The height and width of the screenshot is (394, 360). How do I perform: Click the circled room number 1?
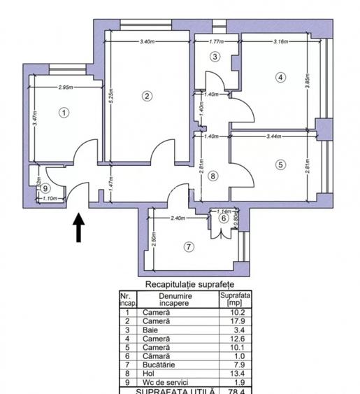64,111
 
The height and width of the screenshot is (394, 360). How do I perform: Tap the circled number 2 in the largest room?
147,96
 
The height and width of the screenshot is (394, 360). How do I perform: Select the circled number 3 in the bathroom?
215,57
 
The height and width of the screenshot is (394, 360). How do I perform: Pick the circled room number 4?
280,77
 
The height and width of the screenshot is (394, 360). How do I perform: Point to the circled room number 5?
281,164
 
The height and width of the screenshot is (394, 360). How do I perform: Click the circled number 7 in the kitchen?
189,246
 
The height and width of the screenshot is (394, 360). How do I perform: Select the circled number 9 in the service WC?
45,188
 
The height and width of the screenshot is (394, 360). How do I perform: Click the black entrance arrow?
79,227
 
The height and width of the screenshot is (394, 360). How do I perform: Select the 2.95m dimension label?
66,88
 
